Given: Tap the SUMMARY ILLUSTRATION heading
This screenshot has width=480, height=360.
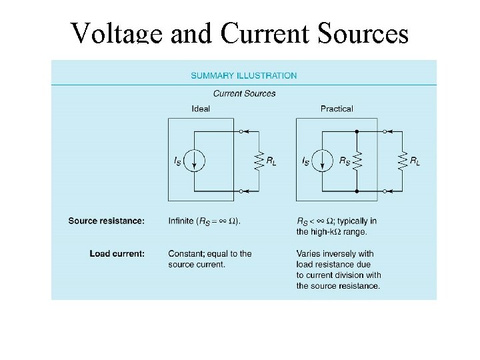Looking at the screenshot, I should (244, 75).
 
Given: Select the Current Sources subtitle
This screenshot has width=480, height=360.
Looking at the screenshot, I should (244, 93).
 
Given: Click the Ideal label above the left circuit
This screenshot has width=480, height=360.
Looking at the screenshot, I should (201, 109).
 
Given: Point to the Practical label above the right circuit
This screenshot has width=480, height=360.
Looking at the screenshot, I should (337, 109).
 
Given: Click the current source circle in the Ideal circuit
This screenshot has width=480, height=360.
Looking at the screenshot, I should (193, 161).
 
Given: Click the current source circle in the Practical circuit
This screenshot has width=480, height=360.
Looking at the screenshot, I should (322, 161).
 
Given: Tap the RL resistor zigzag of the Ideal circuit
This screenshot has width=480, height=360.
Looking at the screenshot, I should (256, 161).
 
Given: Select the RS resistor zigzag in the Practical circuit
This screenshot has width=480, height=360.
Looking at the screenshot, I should (358, 161).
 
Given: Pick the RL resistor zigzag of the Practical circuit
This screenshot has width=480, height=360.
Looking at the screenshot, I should (402, 161).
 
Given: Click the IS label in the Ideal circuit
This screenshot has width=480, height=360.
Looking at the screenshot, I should (178, 161).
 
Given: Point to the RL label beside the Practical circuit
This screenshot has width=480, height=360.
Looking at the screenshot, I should (415, 161).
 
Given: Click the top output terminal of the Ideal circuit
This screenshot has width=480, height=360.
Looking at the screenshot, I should (240, 131).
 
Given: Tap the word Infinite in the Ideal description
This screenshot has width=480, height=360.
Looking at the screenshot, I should (183, 221).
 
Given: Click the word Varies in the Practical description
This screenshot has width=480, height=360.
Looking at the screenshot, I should (310, 253).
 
